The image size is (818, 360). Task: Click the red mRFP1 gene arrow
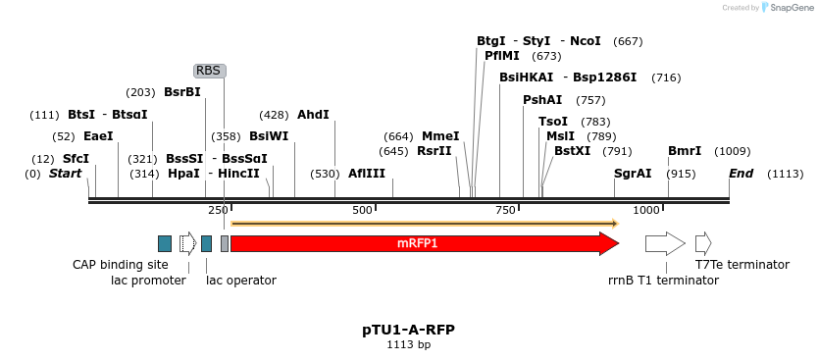click(422, 243)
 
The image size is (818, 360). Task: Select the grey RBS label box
click(209, 71)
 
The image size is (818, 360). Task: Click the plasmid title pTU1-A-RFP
click(408, 330)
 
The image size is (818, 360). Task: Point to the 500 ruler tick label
click(363, 211)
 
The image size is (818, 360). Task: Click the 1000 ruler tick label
click(645, 211)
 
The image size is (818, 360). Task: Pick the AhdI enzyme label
click(313, 115)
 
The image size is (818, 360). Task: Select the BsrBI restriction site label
click(182, 92)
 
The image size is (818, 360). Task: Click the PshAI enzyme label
click(542, 100)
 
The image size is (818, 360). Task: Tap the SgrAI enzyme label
click(633, 174)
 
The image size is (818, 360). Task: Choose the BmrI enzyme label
click(685, 151)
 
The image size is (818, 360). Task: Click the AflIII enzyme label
click(367, 174)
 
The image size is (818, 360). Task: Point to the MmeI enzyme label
click(440, 136)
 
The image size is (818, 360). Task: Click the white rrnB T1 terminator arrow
click(665, 243)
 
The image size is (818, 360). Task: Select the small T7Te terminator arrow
click(702, 243)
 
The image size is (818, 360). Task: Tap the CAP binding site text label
click(121, 265)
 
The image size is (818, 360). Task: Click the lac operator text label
click(240, 281)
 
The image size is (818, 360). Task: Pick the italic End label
click(741, 174)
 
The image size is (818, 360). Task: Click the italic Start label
click(66, 174)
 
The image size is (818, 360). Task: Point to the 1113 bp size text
click(408, 345)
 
